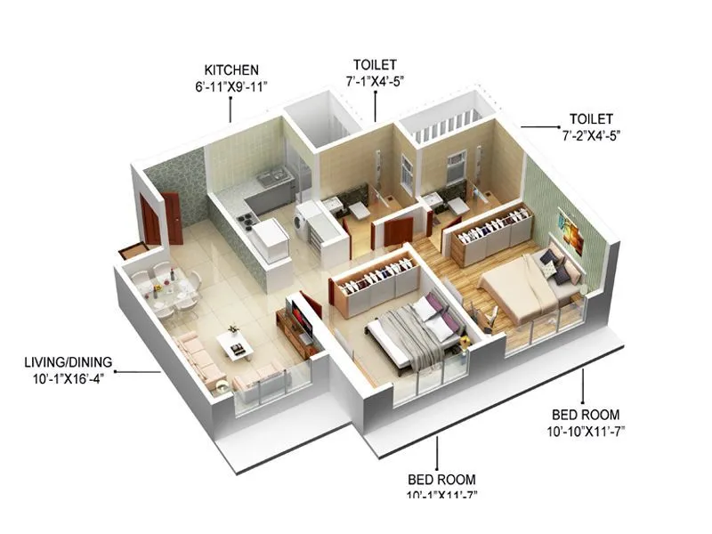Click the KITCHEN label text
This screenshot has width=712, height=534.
pos(231,69)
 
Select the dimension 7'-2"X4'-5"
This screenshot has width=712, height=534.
pos(590,135)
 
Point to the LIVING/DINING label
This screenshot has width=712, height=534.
pos(69,361)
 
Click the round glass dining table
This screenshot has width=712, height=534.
pos(169,289)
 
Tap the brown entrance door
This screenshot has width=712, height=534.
pos(171,218)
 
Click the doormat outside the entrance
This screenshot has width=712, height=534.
pos(133,250)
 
